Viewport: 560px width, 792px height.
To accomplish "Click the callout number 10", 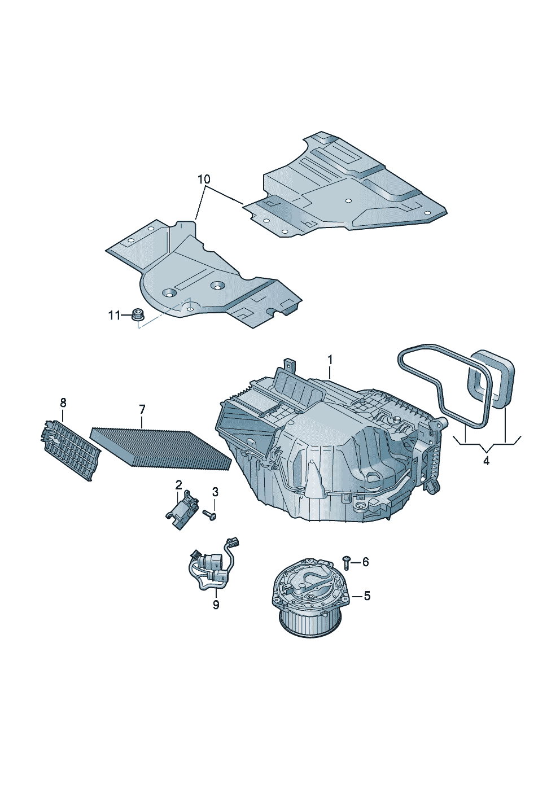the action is coord(204,180).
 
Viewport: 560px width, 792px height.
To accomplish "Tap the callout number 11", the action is coord(114,315).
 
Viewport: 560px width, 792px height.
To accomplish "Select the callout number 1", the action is coord(330,360).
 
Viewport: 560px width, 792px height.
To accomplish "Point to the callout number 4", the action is coord(487,461).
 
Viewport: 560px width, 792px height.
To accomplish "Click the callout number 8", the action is coord(63,402).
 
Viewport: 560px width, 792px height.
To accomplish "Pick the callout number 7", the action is coord(142,410).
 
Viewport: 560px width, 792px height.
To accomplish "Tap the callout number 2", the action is coord(178,485).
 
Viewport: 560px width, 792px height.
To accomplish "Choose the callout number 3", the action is coord(215,492).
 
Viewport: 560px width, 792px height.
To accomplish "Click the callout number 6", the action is coord(365,562).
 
